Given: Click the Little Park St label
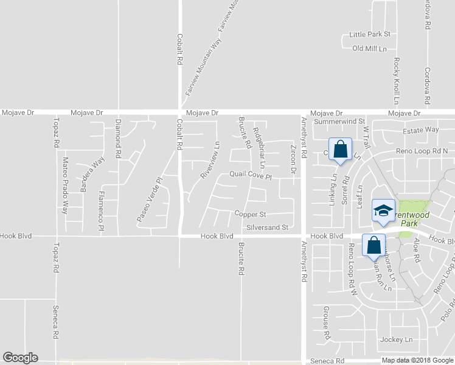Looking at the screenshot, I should coord(370,35).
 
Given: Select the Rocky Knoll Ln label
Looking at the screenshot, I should coord(396,80).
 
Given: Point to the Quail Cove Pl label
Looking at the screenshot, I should coord(249,174).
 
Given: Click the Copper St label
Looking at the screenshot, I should coord(251,214).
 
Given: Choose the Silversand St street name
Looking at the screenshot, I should coord(268,227).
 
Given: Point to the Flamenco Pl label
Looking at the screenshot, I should coord(101,210).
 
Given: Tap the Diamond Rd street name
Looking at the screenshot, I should coord(119,139).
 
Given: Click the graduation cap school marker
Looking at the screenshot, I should coord(383,210).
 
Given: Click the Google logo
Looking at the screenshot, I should coord(20,358).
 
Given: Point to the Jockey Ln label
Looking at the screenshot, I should coord(396,339).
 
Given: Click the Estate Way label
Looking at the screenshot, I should coord(420,130).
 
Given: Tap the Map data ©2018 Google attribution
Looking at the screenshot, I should coord(417,360).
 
